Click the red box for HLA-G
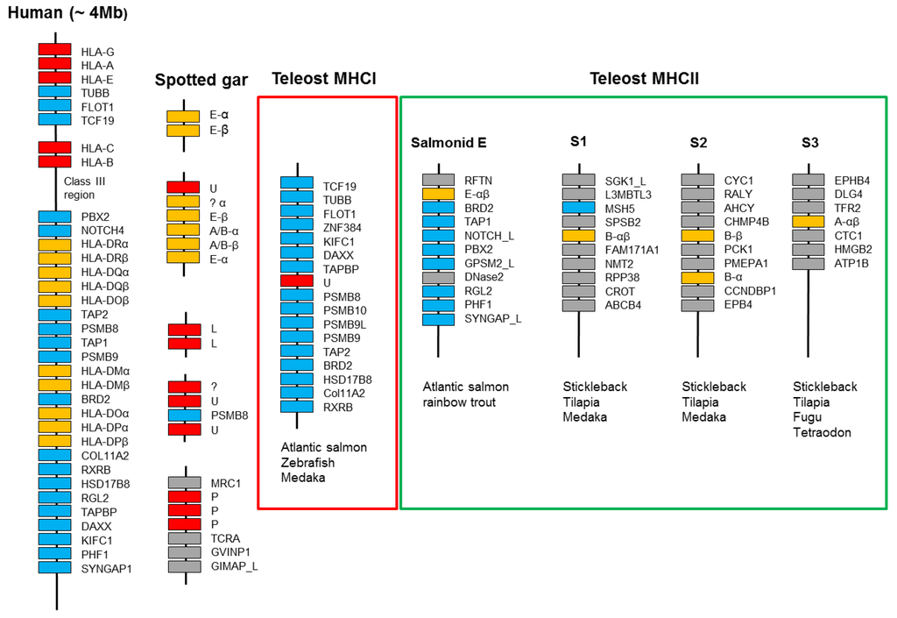tap(54, 50)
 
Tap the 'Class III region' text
tap(87, 188)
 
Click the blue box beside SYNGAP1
tap(54, 568)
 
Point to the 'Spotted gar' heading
tap(201, 81)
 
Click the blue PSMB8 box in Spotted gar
tap(184, 415)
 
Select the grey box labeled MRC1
tap(184, 482)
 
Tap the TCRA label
tap(225, 538)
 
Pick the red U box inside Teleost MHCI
tap(297, 281)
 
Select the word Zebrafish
tap(307, 462)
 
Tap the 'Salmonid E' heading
tap(448, 143)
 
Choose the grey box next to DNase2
tap(438, 277)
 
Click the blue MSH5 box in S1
tap(579, 208)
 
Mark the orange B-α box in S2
tap(698, 277)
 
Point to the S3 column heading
tap(810, 142)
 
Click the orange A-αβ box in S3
tap(809, 222)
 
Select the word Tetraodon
tap(822, 432)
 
